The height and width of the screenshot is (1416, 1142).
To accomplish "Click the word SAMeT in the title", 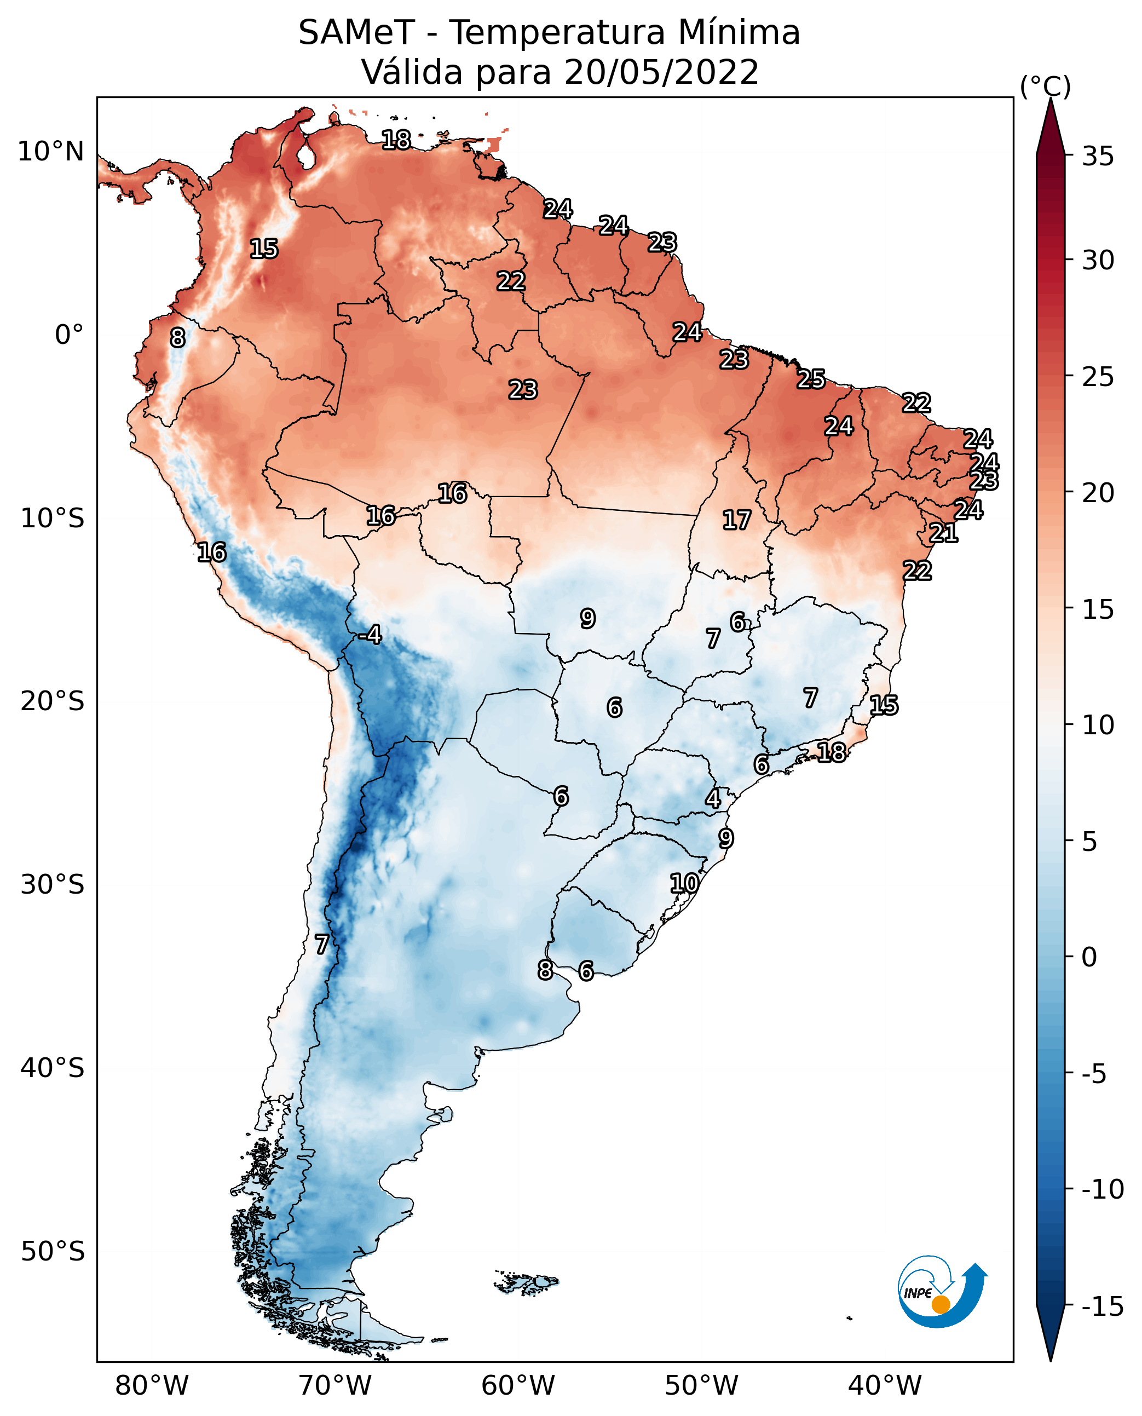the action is pyautogui.click(x=356, y=32).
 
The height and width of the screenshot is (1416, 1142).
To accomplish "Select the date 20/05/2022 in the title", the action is pyautogui.click(x=661, y=72).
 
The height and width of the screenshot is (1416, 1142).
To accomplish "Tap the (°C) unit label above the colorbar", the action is pyautogui.click(x=1045, y=86).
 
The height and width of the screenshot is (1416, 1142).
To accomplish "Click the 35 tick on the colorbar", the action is pyautogui.click(x=1098, y=157).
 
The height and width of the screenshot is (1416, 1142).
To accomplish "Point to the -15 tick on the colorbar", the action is pyautogui.click(x=1103, y=1307).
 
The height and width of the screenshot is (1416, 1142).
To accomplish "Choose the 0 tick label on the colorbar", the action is pyautogui.click(x=1090, y=957).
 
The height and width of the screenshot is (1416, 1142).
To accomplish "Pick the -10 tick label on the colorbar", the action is pyautogui.click(x=1103, y=1189).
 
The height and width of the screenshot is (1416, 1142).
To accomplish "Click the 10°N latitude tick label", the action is pyautogui.click(x=51, y=152).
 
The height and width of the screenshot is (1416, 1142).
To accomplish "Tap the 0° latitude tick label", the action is pyautogui.click(x=69, y=335).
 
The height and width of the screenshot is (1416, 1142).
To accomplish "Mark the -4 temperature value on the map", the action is pyautogui.click(x=370, y=635).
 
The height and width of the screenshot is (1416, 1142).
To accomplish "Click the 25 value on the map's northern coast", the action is pyautogui.click(x=811, y=379).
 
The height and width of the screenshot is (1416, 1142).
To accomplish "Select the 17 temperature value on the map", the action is pyautogui.click(x=737, y=521).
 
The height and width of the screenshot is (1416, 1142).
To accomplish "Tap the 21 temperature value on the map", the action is pyautogui.click(x=943, y=533).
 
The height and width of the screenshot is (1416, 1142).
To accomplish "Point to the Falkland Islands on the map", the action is pyautogui.click(x=526, y=1282).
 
